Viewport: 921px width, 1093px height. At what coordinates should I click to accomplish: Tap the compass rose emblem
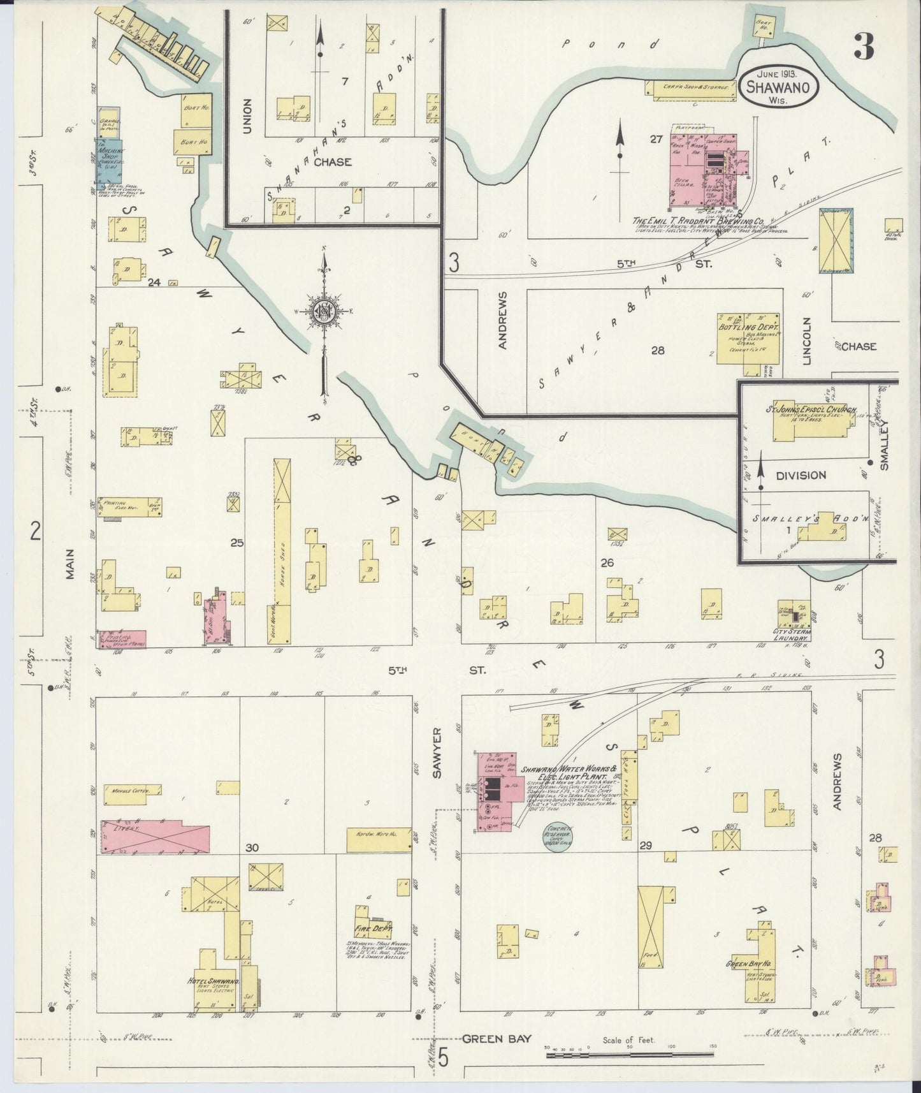[324, 311]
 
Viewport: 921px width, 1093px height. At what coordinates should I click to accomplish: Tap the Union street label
[248, 116]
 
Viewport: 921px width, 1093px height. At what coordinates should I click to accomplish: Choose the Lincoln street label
[807, 341]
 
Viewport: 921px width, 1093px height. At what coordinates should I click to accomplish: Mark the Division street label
[801, 475]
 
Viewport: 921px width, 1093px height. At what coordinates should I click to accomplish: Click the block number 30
[252, 847]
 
